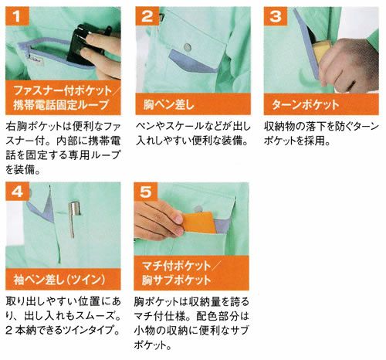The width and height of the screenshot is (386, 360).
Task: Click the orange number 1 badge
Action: (17, 16)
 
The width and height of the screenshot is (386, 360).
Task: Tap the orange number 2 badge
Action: (147, 16)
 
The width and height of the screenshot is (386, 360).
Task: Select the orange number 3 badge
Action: (276, 16)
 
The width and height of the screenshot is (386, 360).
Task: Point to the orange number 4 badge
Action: (17, 192)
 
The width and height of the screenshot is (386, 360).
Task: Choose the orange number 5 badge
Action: (146, 192)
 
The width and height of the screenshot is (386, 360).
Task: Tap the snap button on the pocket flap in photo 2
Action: (188, 47)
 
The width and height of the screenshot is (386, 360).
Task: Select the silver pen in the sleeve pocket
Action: (73, 219)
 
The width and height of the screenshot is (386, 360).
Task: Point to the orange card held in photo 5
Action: (199, 222)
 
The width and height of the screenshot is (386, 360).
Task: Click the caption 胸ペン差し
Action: (168, 105)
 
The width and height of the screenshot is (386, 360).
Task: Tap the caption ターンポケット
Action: (305, 105)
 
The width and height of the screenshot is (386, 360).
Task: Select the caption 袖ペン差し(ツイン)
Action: (59, 280)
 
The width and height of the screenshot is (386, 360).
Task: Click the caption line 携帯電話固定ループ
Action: (61, 105)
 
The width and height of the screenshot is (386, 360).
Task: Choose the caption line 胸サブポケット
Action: (177, 280)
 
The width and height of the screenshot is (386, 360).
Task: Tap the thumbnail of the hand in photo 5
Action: (178, 219)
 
